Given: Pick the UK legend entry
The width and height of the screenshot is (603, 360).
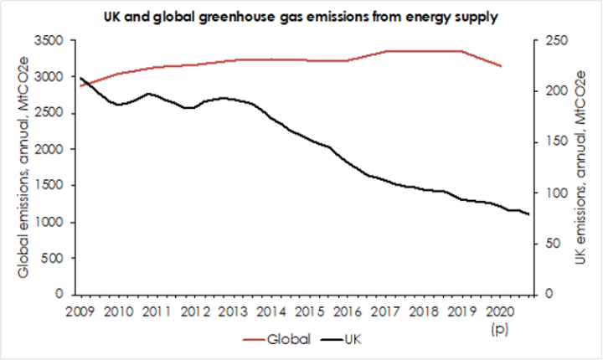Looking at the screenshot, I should coord(355,339).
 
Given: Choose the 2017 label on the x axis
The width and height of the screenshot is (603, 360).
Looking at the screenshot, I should coord(384,312).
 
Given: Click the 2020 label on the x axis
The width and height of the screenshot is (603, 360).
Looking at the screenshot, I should coord(500,312).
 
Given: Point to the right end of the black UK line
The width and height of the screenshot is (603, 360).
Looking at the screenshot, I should coord(529,215).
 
